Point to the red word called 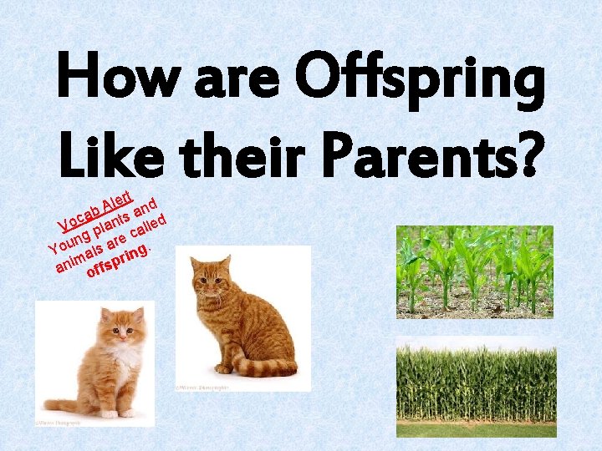coord(151,221)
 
